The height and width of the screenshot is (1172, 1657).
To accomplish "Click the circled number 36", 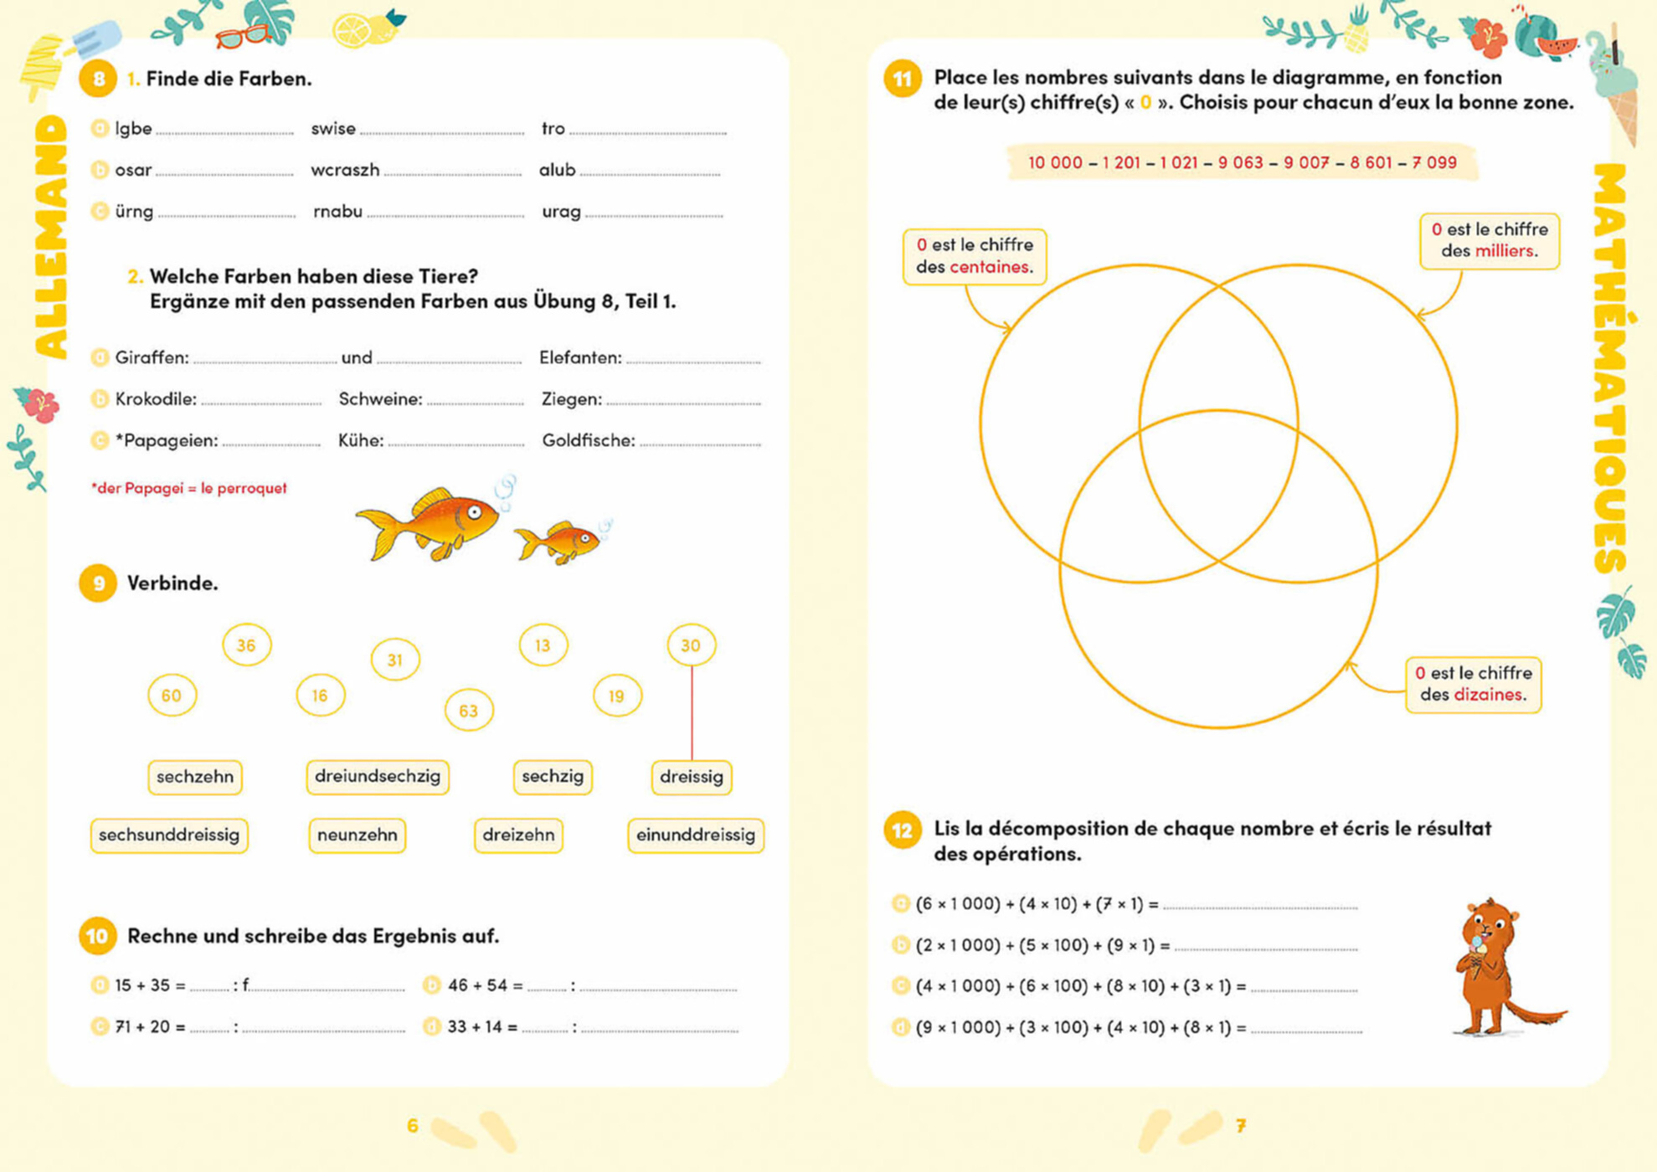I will pyautogui.click(x=246, y=645).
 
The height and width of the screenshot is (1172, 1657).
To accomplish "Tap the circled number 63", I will pyautogui.click(x=468, y=711).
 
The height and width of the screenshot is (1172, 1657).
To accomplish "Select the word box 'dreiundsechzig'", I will pyautogui.click(x=378, y=776).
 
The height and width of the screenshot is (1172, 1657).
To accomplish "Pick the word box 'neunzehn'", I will pyautogui.click(x=357, y=835).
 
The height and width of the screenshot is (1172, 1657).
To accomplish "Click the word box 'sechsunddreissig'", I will pyautogui.click(x=169, y=835).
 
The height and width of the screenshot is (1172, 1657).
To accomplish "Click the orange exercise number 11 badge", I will pyautogui.click(x=902, y=80).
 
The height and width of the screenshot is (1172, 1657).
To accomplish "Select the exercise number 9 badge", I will pyautogui.click(x=98, y=583).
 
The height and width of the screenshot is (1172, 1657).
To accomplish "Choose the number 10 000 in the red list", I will pyautogui.click(x=1054, y=162).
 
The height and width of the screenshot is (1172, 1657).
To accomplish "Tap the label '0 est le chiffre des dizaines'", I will pyautogui.click(x=1473, y=684).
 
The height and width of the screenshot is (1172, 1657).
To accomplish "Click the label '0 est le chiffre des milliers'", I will pyautogui.click(x=1489, y=240).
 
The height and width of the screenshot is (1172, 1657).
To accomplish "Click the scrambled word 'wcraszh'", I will pyautogui.click(x=345, y=170).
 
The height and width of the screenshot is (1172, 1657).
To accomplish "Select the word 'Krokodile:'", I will pyautogui.click(x=156, y=399).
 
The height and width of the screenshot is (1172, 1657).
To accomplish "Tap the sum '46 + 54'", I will pyautogui.click(x=477, y=985).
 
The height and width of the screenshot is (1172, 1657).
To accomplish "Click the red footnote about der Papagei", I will pyautogui.click(x=188, y=488).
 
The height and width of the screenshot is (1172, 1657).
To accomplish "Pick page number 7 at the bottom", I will pyautogui.click(x=1241, y=1126).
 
